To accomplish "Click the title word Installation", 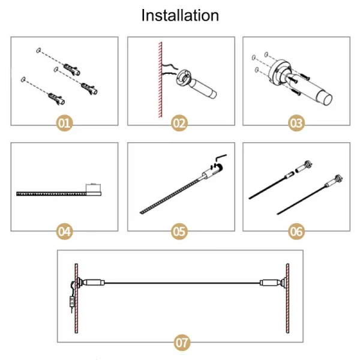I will [x=180, y=15].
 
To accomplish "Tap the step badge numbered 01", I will [x=64, y=124].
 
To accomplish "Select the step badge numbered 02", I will [x=179, y=124].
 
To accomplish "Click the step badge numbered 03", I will [x=296, y=124].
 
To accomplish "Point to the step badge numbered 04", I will [x=64, y=230].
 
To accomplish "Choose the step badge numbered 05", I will [x=179, y=230].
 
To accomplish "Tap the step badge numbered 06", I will [x=296, y=230].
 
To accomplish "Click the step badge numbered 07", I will [x=181, y=343].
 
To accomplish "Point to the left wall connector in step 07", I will [x=93, y=282].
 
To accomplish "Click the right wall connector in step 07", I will [x=271, y=282].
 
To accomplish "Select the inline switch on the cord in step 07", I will [x=71, y=303].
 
